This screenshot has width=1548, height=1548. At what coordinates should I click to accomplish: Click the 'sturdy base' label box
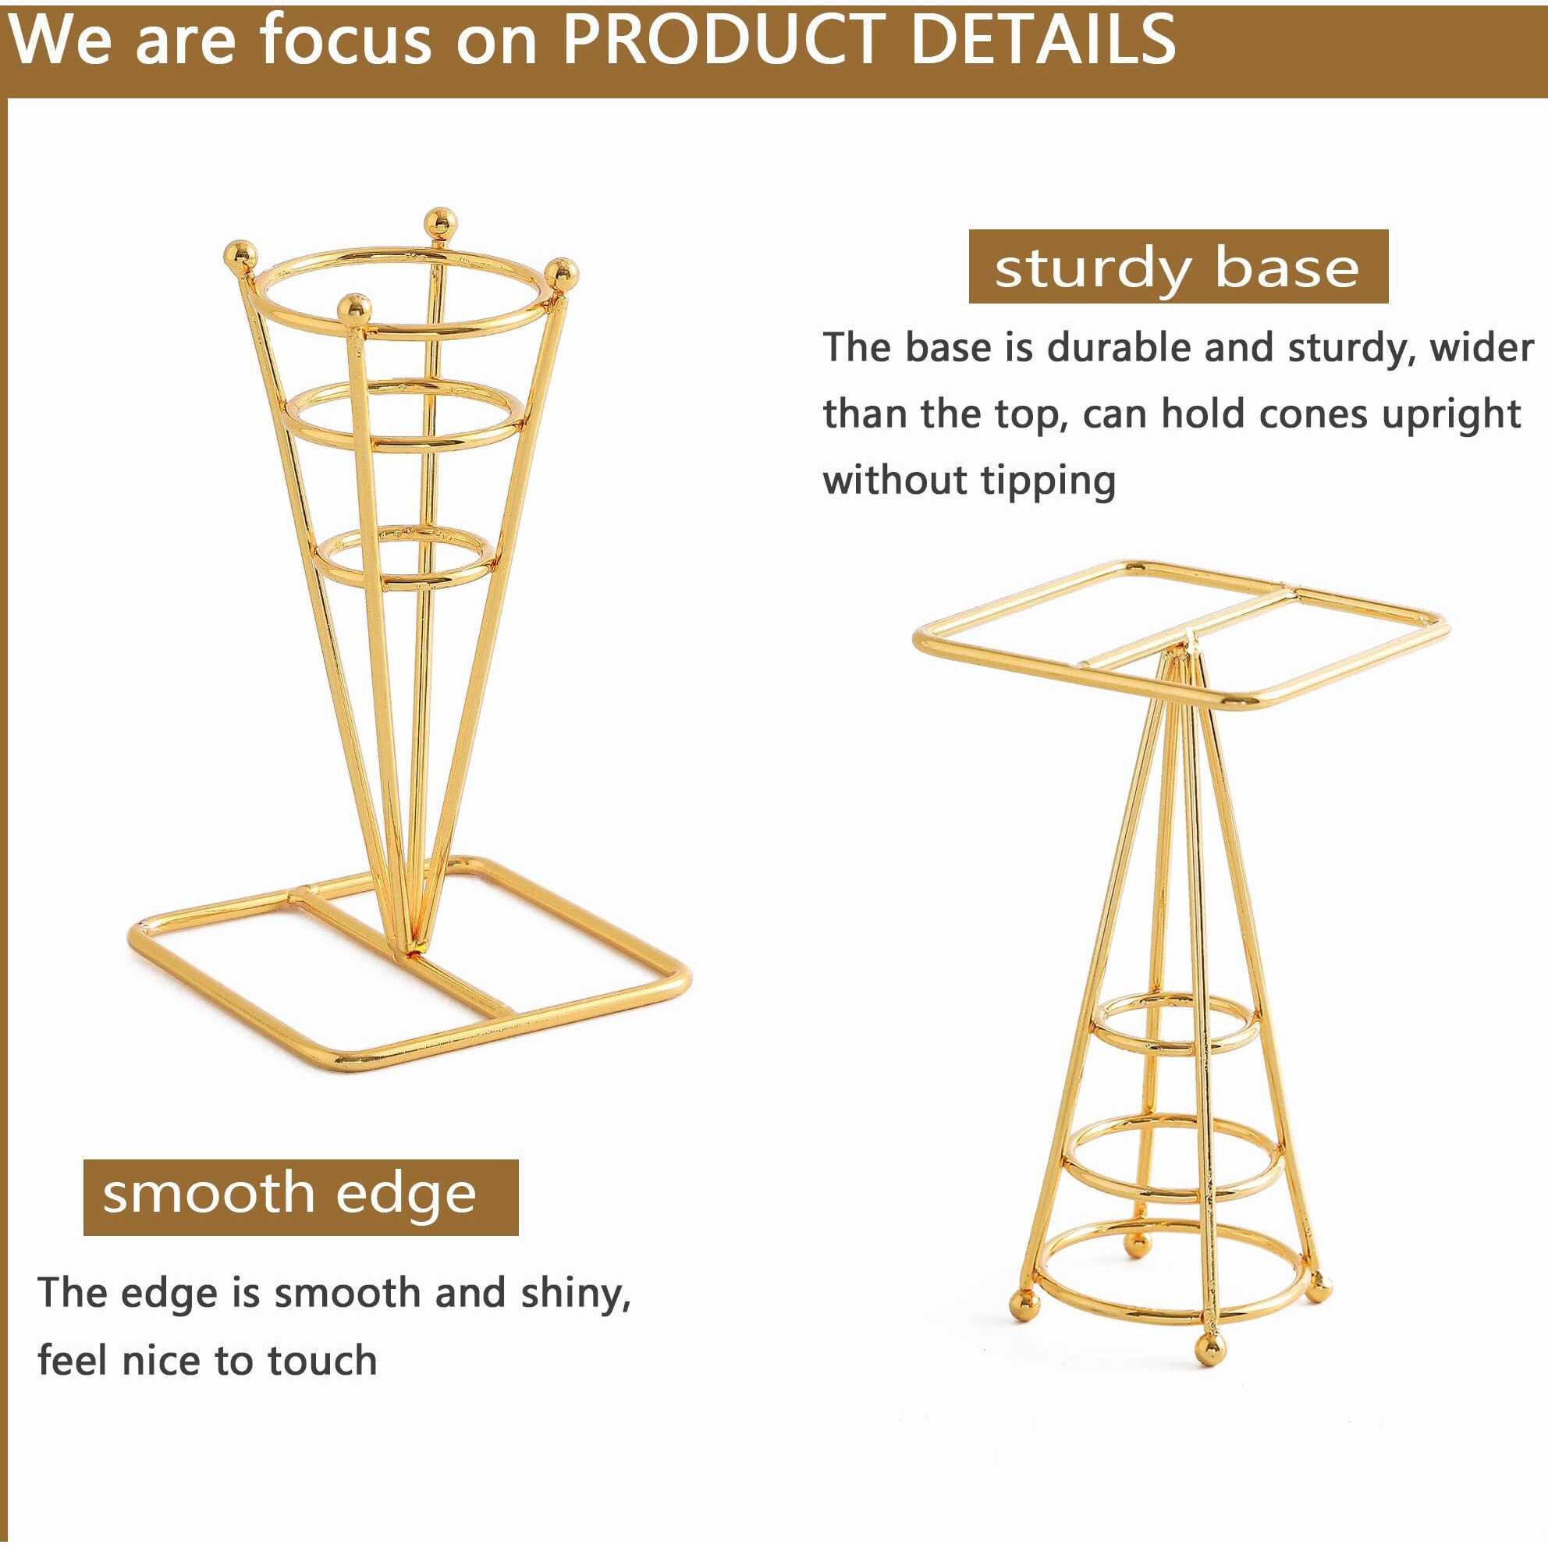(x=1179, y=267)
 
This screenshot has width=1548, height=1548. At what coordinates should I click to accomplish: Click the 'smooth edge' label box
(x=301, y=1198)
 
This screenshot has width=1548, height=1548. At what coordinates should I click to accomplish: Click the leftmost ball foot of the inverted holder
(x=1021, y=1323)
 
